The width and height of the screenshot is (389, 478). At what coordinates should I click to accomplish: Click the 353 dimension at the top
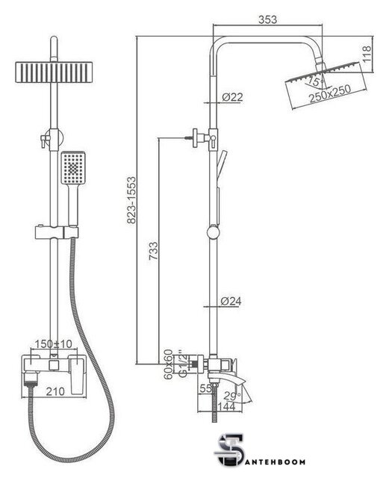[x=267, y=19]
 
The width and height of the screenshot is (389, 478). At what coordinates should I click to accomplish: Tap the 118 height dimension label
[x=366, y=54]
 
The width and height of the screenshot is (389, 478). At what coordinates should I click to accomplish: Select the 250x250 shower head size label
[x=330, y=93]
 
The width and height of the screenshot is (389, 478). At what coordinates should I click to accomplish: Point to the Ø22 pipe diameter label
[x=232, y=97]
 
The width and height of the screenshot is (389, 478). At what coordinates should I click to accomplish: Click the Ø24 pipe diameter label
[x=231, y=301]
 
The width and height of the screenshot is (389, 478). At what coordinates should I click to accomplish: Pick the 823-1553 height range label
[x=131, y=200]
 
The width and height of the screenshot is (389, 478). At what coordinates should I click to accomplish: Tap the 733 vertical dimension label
[x=153, y=251]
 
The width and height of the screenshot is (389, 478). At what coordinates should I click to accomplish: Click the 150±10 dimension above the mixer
[x=53, y=344]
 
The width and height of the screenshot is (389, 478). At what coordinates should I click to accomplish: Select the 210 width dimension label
[x=55, y=391]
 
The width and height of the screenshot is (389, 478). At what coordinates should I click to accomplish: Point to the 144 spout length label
[x=226, y=406]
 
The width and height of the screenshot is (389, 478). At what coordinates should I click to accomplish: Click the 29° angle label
[x=232, y=396]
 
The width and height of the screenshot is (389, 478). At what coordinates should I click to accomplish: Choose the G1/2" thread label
[x=181, y=364]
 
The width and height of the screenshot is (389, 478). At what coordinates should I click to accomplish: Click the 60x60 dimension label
[x=169, y=364]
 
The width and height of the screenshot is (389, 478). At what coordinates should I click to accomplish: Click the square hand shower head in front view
[x=73, y=168]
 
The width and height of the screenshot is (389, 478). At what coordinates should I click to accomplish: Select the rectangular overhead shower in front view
[x=54, y=72]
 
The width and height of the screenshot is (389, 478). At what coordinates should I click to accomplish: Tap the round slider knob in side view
[x=213, y=232]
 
